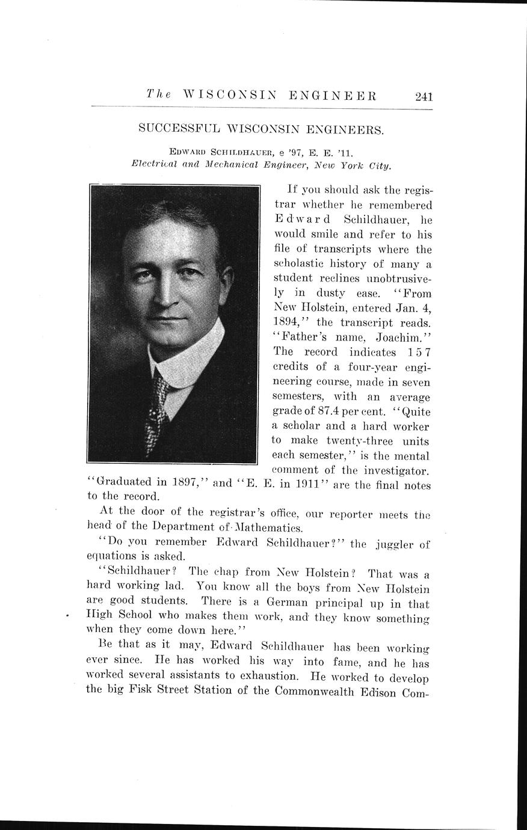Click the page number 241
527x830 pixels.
[x=424, y=96]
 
